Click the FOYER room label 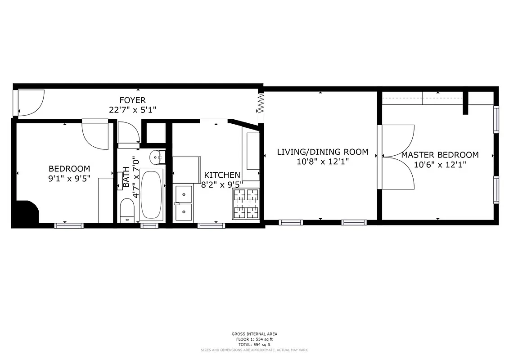coord(132,100)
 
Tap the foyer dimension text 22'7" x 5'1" coord(132,109)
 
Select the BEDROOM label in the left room coord(69,169)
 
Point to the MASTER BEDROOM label coord(440,155)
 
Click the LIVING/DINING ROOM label coord(322,152)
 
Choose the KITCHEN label coord(222,175)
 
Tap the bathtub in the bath coord(151,195)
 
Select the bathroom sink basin coord(155,157)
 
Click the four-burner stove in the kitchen coord(246,204)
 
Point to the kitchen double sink coord(183,203)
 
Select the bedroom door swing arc coord(95,135)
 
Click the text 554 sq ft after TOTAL coord(261,344)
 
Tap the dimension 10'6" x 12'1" coord(440,165)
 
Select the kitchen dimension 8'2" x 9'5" coord(222,184)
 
